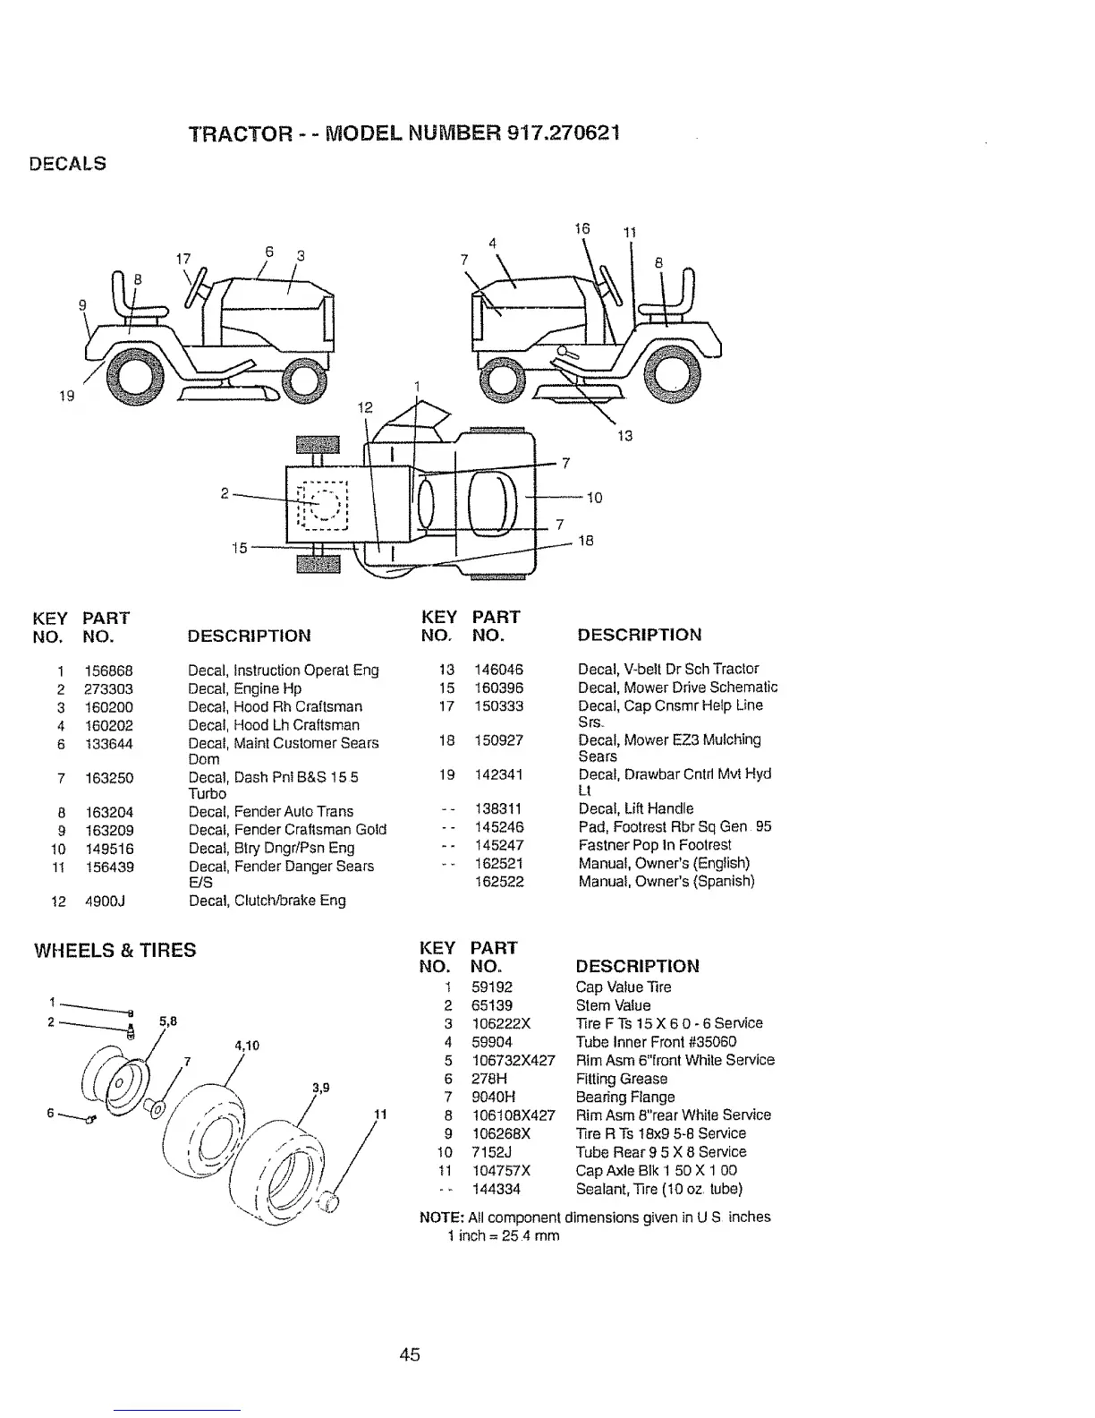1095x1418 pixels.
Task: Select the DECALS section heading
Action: pyautogui.click(x=69, y=164)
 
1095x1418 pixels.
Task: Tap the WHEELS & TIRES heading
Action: pyautogui.click(x=115, y=950)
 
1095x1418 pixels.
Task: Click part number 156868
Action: pyautogui.click(x=109, y=670)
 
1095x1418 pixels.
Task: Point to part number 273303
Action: pyautogui.click(x=109, y=688)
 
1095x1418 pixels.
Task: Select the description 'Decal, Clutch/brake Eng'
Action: pyautogui.click(x=267, y=901)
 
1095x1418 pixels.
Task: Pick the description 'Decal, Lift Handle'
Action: pyautogui.click(x=635, y=808)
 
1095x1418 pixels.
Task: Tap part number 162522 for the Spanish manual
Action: pyautogui.click(x=498, y=882)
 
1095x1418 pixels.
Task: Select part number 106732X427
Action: pyautogui.click(x=513, y=1060)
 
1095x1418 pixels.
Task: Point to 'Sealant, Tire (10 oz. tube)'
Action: pyautogui.click(x=658, y=1189)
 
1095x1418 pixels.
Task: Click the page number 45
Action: pyautogui.click(x=410, y=1354)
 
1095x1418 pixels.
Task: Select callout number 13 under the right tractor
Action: pyautogui.click(x=624, y=436)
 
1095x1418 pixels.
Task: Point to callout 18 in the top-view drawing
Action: pyautogui.click(x=586, y=541)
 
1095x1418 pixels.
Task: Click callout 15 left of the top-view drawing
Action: pyautogui.click(x=239, y=547)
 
